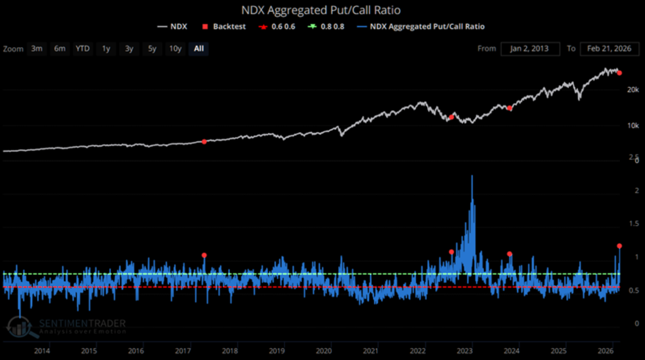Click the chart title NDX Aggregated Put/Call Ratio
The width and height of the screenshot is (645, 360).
[x=321, y=10]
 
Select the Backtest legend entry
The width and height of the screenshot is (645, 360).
[x=224, y=26]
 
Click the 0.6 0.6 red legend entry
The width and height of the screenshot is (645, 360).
[x=277, y=26]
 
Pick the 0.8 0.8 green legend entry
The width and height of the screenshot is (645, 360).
[x=326, y=26]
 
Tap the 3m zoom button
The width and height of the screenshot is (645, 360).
[x=37, y=49]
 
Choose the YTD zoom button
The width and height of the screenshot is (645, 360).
[x=83, y=49]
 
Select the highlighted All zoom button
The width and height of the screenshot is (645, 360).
[x=199, y=49]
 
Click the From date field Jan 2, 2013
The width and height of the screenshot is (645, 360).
[x=530, y=49]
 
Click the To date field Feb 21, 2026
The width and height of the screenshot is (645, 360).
[x=609, y=49]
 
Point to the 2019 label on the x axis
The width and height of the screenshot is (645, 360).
[x=277, y=351]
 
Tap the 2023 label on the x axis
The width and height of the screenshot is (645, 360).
[x=464, y=351]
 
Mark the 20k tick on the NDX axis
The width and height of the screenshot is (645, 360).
[x=633, y=90]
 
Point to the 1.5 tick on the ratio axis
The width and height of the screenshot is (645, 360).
[x=634, y=224]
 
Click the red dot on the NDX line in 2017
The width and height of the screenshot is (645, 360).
[x=204, y=142]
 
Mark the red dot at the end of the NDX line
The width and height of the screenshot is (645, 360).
[x=620, y=73]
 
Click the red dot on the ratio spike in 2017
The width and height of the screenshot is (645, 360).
[x=204, y=255]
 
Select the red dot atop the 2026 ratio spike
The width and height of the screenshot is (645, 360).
[x=619, y=246]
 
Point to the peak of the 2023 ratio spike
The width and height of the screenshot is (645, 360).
[x=472, y=176]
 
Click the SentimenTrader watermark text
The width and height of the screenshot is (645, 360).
[x=82, y=323]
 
